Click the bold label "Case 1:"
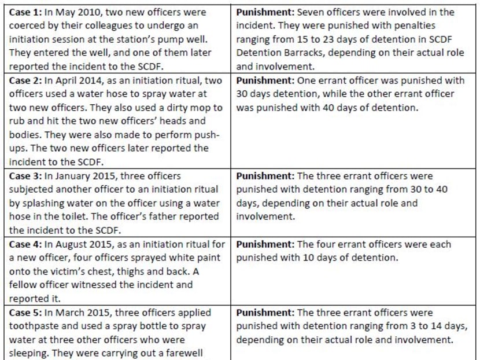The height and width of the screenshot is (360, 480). coord(25,12)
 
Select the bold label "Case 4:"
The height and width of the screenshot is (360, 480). coord(25,245)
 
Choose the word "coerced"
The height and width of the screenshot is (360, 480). coord(28,26)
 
